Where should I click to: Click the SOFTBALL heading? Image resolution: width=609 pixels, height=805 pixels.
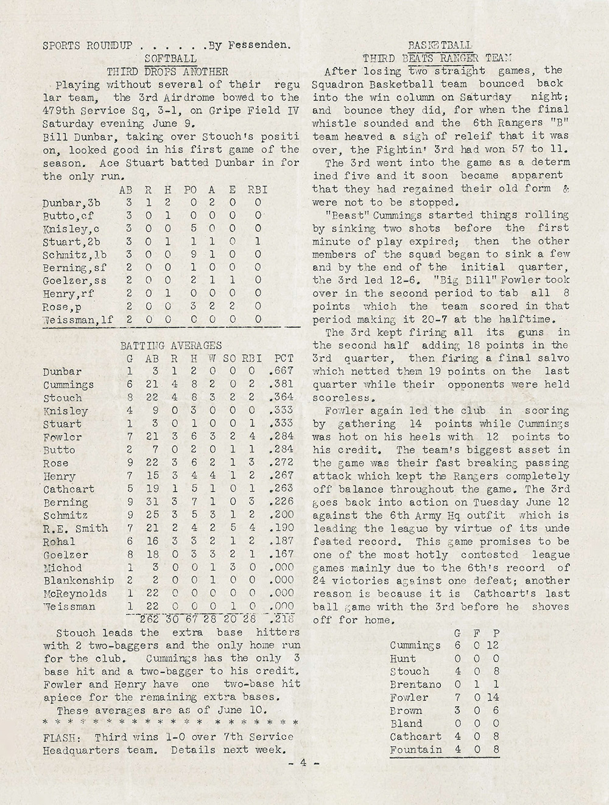pyautogui.click(x=172, y=58)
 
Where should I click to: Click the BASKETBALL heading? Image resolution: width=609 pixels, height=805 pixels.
pyautogui.click(x=440, y=45)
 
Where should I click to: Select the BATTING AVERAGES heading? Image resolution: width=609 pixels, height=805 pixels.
pyautogui.click(x=171, y=346)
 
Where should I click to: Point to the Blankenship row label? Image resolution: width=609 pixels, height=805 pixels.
pyautogui.click(x=79, y=580)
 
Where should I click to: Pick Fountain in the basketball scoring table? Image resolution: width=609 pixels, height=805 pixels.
pyautogui.click(x=416, y=750)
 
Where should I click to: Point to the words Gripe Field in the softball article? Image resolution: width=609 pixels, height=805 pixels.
pyautogui.click(x=249, y=111)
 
